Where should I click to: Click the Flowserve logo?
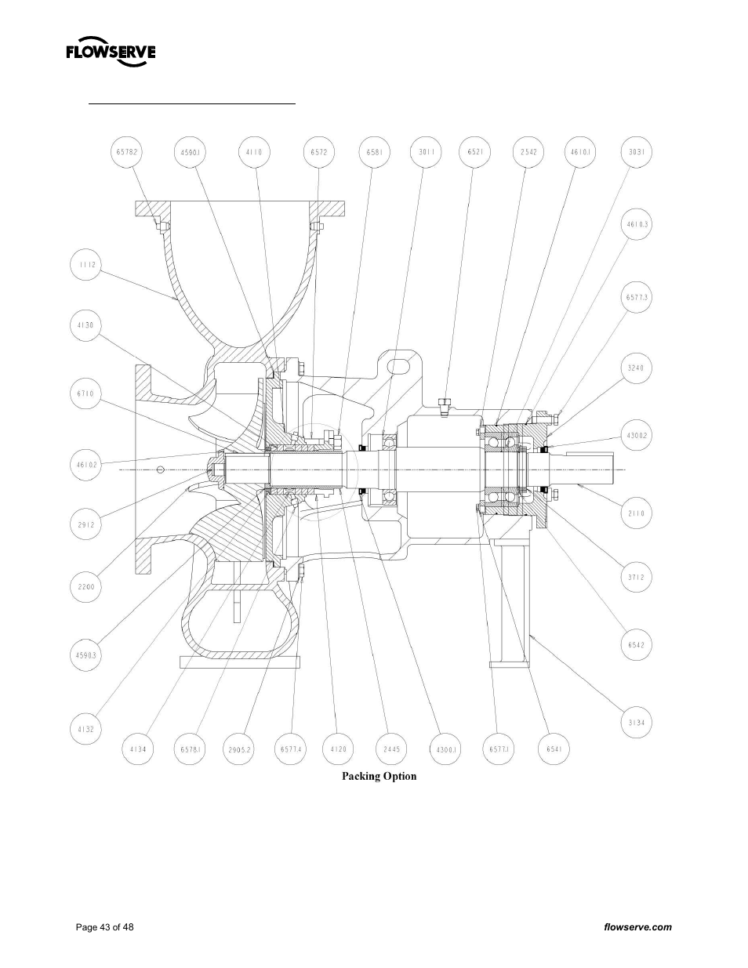(111, 53)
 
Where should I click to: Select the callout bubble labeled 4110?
(254, 152)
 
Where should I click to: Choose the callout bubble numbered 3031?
(636, 152)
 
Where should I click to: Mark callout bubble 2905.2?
(239, 749)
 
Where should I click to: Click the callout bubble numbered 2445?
(392, 749)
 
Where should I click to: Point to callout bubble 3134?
(636, 723)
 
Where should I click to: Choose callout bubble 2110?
(636, 513)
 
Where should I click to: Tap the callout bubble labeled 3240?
(636, 368)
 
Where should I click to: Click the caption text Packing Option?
(379, 776)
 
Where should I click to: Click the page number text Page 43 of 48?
(104, 927)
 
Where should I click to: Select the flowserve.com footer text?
(637, 927)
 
